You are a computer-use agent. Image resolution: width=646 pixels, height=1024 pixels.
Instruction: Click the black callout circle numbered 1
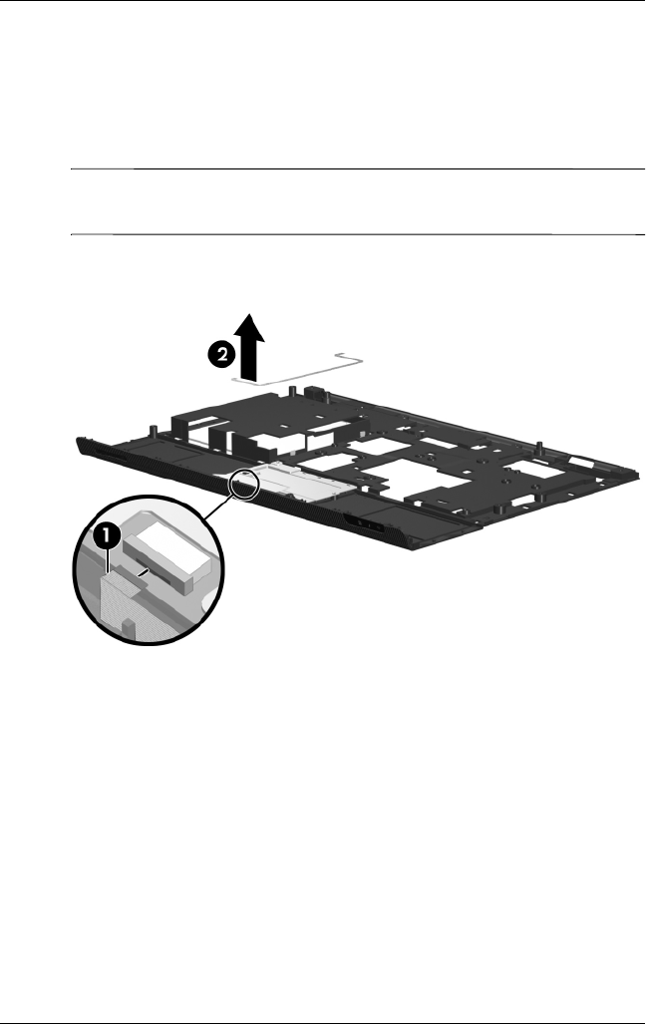click(x=108, y=534)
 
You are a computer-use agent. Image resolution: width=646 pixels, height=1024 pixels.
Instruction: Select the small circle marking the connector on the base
click(x=245, y=484)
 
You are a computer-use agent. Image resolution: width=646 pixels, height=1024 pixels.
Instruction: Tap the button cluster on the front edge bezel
click(x=366, y=524)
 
